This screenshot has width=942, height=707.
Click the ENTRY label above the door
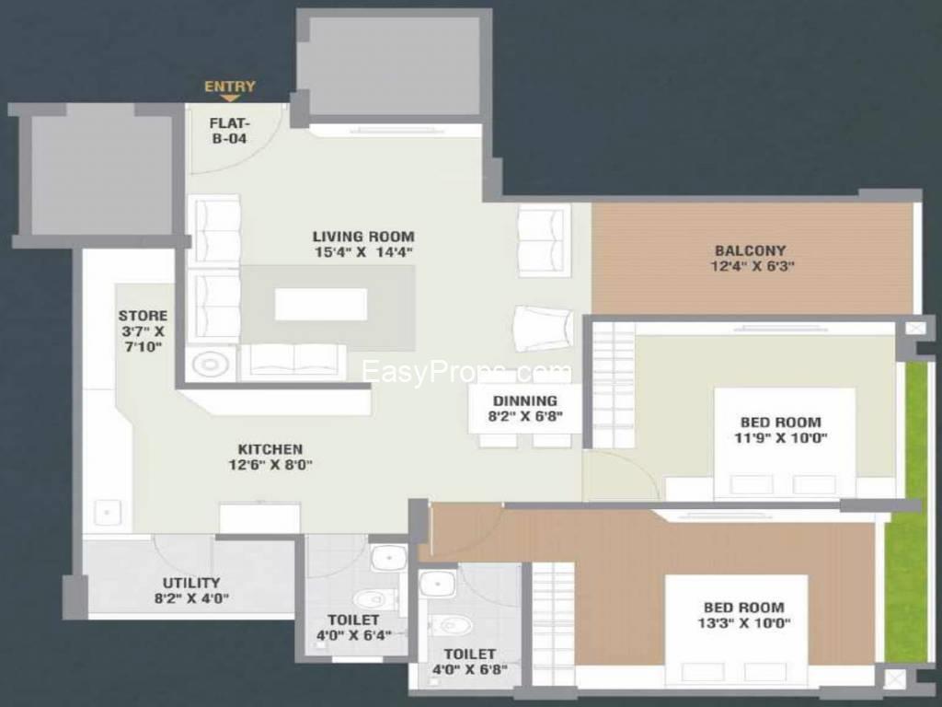[229, 87]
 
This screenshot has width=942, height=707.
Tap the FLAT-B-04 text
[229, 131]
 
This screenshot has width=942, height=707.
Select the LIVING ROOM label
[363, 237]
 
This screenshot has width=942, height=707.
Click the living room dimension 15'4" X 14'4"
[363, 252]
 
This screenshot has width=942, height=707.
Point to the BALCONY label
[751, 250]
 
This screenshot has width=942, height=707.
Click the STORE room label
[143, 316]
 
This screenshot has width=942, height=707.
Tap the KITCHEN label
[270, 449]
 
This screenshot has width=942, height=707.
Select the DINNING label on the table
[525, 400]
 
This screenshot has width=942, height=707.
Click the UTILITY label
[191, 583]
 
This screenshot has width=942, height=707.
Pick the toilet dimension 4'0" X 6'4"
[354, 635]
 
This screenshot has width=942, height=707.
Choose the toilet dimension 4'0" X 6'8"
[470, 669]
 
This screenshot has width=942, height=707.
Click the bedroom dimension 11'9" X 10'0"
[780, 437]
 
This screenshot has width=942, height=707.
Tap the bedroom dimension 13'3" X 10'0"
[743, 623]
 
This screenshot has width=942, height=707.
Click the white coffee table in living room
[321, 304]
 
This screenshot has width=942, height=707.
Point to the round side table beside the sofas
[211, 365]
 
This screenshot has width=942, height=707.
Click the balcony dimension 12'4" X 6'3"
[752, 266]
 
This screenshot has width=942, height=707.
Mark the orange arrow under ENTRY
[229, 98]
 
